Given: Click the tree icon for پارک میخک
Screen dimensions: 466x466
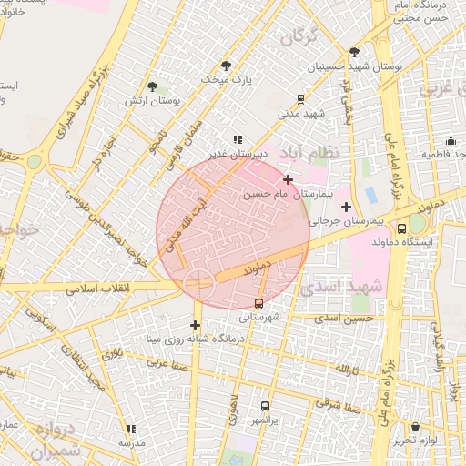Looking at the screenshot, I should click(226, 65).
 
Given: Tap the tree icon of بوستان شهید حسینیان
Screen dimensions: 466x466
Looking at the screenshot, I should click(354, 52).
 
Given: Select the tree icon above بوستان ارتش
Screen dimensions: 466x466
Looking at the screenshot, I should click(153, 86).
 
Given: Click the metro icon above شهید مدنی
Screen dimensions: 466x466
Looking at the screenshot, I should click(300, 100).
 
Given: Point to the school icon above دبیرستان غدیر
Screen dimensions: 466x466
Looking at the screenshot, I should click(237, 140).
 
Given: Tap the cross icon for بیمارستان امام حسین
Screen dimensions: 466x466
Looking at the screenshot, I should click(288, 180).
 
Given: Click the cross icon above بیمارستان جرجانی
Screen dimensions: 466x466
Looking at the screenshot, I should click(346, 208).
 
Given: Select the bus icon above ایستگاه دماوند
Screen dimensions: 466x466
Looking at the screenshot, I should click(402, 229).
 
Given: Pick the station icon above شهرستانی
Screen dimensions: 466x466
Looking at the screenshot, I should click(259, 303).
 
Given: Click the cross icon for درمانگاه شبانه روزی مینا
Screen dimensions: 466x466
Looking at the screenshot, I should click(195, 325).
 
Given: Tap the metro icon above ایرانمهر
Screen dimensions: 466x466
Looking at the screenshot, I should click(265, 407).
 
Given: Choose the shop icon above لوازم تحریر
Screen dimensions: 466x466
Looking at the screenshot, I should click(415, 426).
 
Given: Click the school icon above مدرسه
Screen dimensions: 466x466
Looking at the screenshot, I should click(131, 429).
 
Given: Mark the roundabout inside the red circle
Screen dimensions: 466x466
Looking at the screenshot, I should click(198, 282).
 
